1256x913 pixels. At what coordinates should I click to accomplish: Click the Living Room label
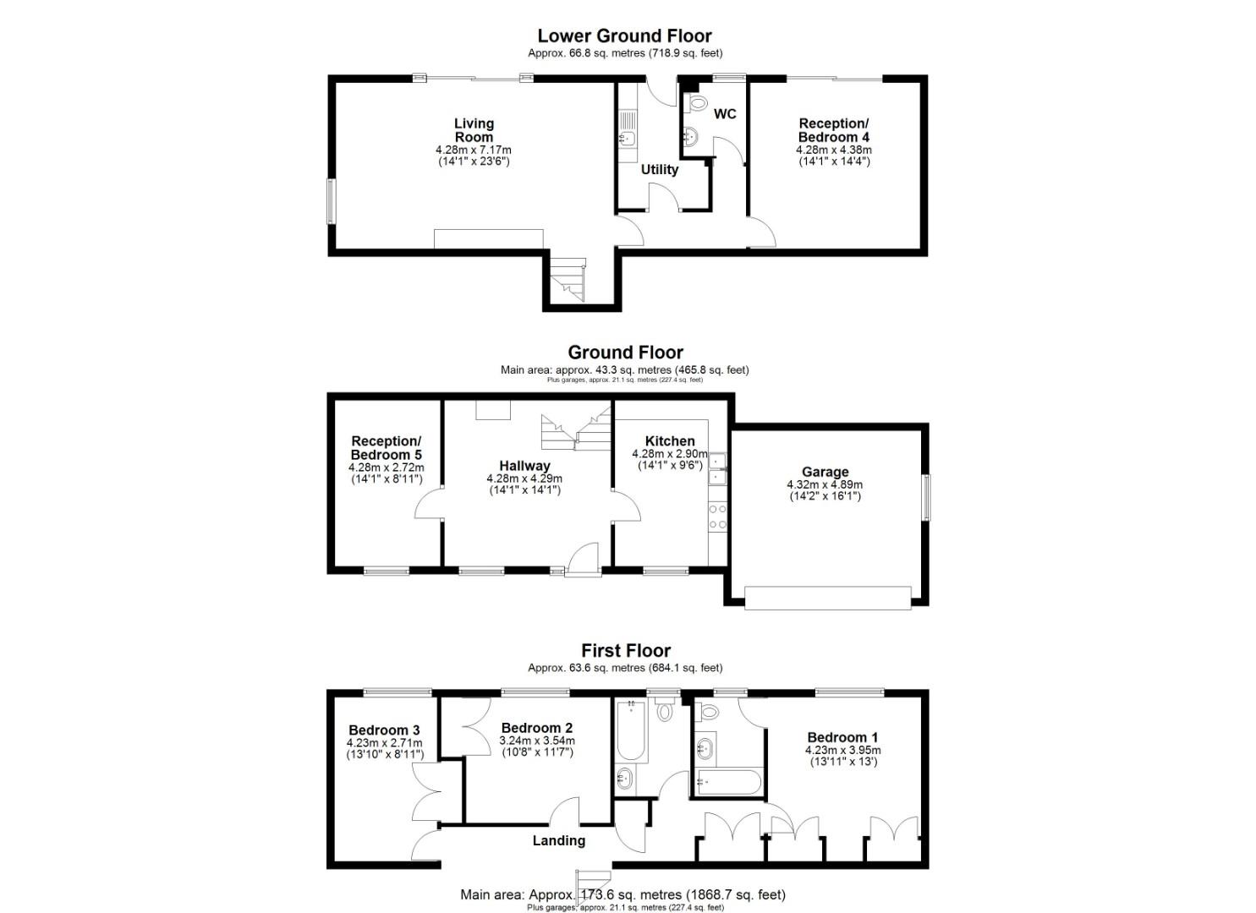pyautogui.click(x=474, y=130)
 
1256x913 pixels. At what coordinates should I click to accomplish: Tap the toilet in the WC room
pyautogui.click(x=697, y=104)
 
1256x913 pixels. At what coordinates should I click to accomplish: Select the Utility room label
pyautogui.click(x=659, y=169)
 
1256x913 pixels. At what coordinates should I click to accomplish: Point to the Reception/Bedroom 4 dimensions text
pyautogui.click(x=833, y=156)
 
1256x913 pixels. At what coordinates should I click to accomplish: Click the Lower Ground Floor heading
pyautogui.click(x=624, y=36)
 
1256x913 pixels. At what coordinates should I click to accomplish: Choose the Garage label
pyautogui.click(x=825, y=472)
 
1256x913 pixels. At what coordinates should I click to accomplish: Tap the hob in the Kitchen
pyautogui.click(x=717, y=517)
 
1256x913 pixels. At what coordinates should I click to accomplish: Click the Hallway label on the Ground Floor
pyautogui.click(x=524, y=466)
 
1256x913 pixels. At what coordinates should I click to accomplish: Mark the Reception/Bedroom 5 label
pyautogui.click(x=386, y=448)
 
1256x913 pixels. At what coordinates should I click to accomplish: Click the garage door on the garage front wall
pyautogui.click(x=827, y=598)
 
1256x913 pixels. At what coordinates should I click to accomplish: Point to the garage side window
pyautogui.click(x=926, y=497)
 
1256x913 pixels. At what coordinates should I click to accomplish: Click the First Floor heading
pyautogui.click(x=625, y=650)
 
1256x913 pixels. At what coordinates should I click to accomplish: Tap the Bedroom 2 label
pyautogui.click(x=536, y=728)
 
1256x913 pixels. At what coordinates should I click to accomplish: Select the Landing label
pyautogui.click(x=558, y=840)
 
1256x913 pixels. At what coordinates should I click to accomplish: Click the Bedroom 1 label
pyautogui.click(x=842, y=737)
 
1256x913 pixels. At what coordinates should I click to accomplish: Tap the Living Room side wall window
pyautogui.click(x=331, y=200)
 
